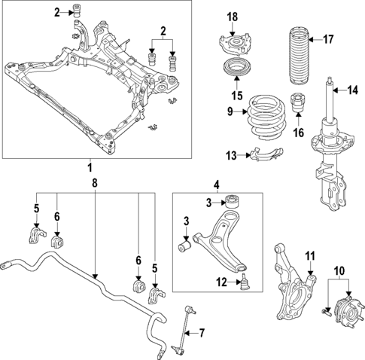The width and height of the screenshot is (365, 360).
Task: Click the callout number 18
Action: pyautogui.click(x=233, y=17)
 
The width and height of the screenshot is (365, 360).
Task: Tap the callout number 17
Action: pyautogui.click(x=327, y=38)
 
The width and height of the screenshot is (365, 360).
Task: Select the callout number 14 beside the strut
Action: pyautogui.click(x=352, y=91)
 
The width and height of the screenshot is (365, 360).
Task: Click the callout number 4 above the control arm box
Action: pyautogui.click(x=216, y=183)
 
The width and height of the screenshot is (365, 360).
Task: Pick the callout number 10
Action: pyautogui.click(x=338, y=269)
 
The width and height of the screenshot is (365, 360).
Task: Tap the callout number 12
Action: pyautogui.click(x=220, y=282)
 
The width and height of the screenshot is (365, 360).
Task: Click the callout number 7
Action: pyautogui.click(x=200, y=332)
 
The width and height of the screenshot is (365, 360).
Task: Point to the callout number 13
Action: pyautogui.click(x=232, y=155)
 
